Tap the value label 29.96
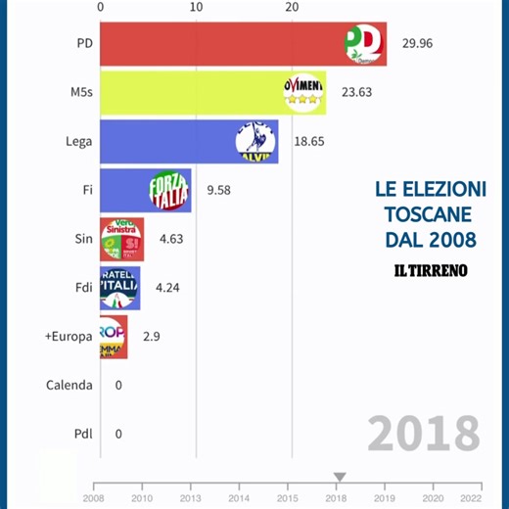418,44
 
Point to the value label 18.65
310,142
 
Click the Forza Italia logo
168,190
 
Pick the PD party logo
364,44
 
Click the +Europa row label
69,336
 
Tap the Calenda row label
69,385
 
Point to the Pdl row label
83,433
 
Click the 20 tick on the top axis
291,7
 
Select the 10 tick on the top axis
196,7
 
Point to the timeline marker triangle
339,478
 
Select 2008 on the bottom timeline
93,497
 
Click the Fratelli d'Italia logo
120,288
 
